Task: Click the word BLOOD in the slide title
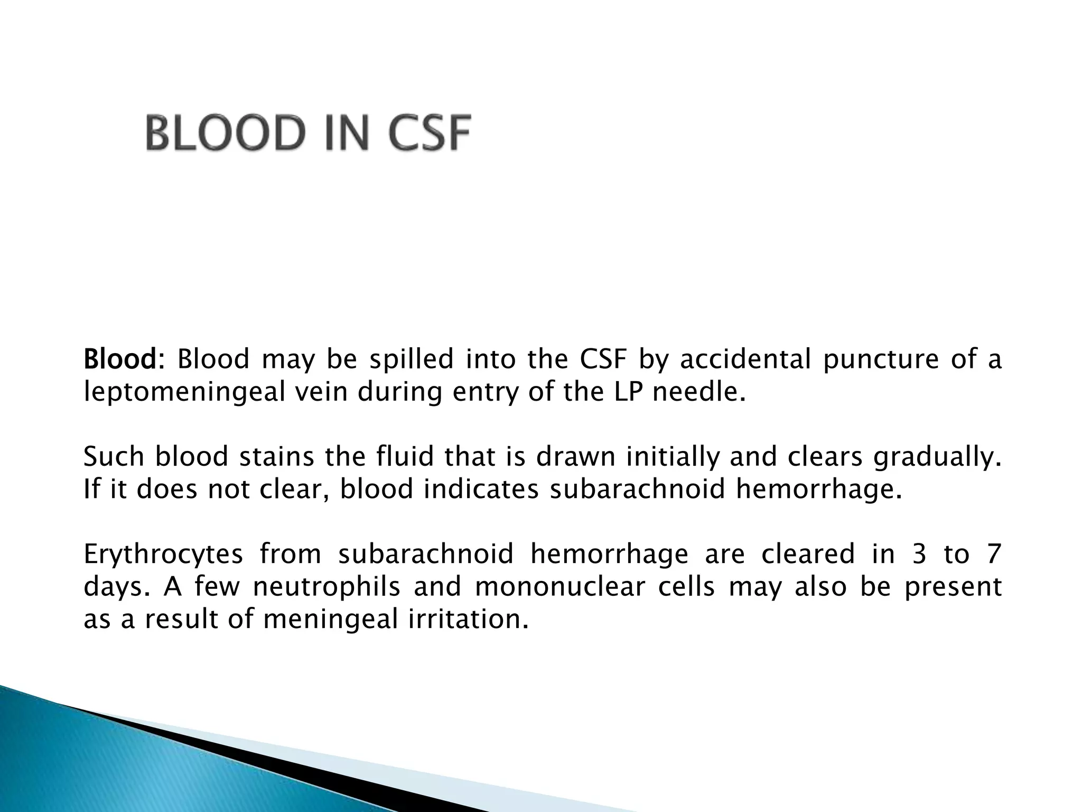[x=226, y=133]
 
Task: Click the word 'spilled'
[x=411, y=359]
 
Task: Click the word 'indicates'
[x=481, y=489]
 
